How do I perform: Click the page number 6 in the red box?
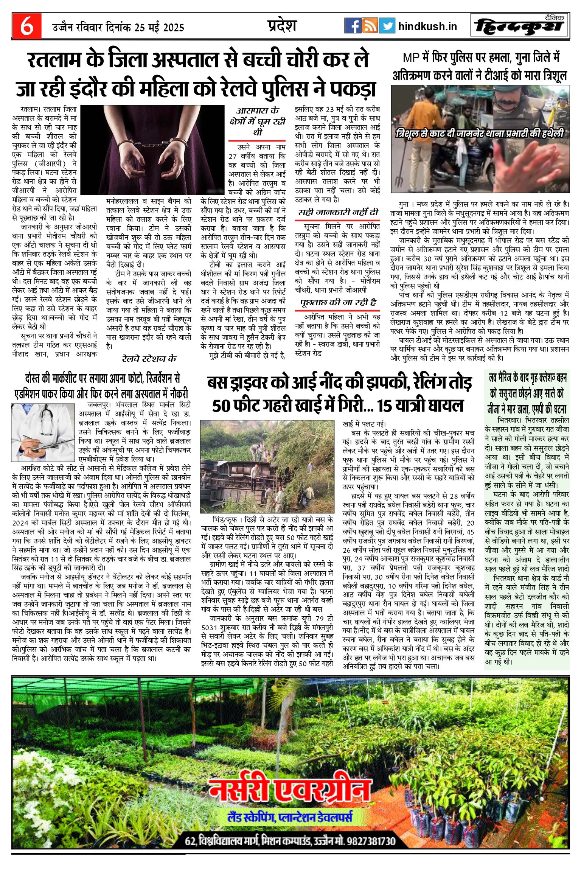coord(26,26)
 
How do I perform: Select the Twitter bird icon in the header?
coord(387,26)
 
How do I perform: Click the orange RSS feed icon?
coord(370,26)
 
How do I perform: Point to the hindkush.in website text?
coord(428,26)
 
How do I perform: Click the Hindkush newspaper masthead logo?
coord(520,26)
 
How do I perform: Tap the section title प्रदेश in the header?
coord(282,26)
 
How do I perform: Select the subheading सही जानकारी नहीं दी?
coord(337,212)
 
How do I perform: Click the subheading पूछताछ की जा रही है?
coord(338,302)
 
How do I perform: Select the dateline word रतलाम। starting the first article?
coord(32,110)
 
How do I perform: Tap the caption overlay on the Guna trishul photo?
coord(480,133)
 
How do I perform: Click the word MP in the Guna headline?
coord(411,58)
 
